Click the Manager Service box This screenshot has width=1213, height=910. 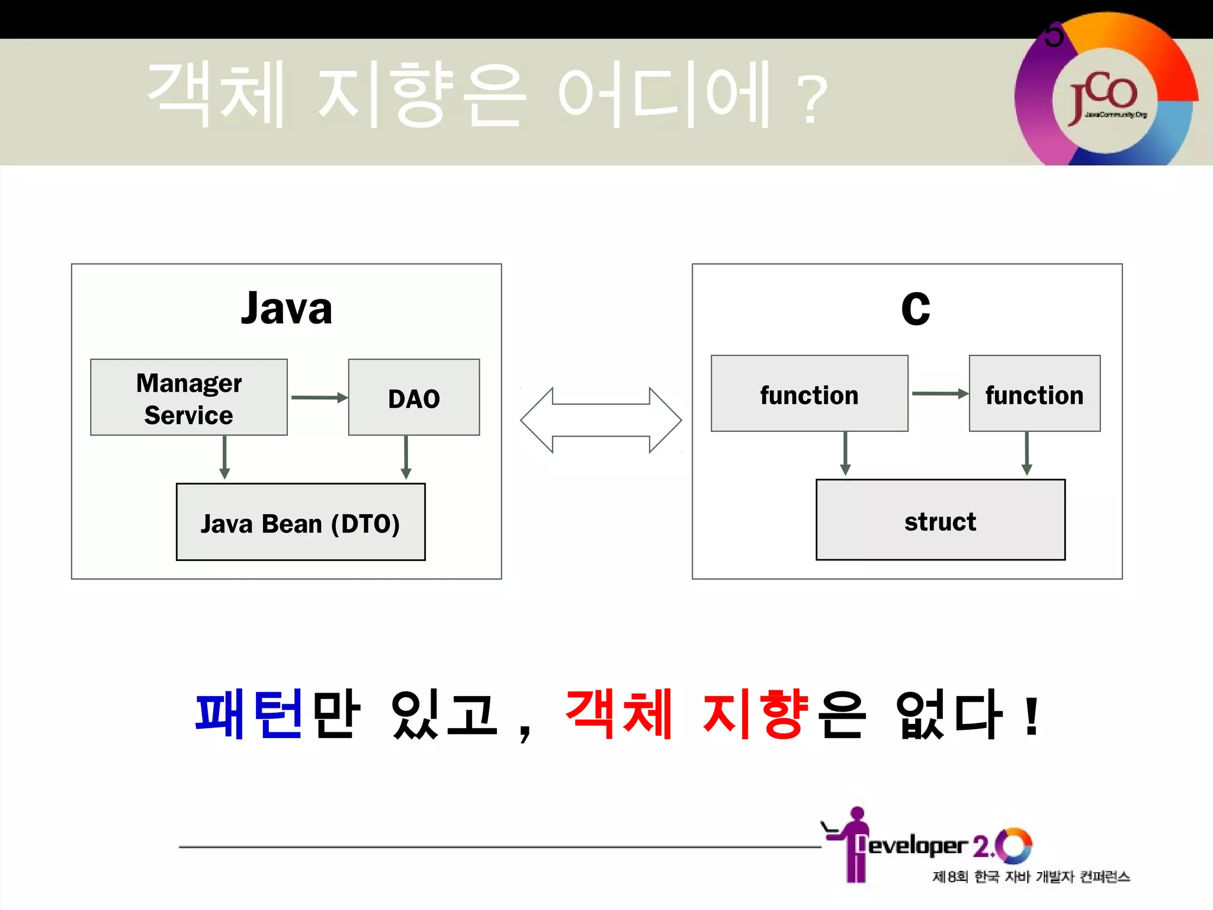tap(188, 398)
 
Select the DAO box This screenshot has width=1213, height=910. tap(413, 398)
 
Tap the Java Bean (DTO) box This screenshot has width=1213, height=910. tap(300, 522)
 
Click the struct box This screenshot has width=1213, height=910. tap(940, 520)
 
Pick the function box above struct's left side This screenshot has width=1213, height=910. tap(809, 394)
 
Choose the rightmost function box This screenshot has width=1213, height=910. tap(1034, 394)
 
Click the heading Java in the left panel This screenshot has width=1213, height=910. tap(287, 309)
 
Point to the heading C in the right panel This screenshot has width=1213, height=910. tap(915, 309)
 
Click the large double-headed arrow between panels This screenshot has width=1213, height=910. tap(601, 420)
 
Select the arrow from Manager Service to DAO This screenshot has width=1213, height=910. tap(319, 398)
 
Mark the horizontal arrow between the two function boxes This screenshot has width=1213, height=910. tap(939, 393)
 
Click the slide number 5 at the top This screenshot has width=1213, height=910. tap(1054, 36)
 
